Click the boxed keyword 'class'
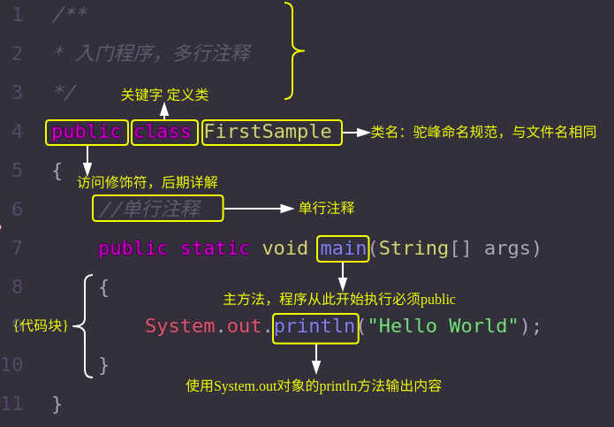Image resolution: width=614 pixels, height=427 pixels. coord(163,132)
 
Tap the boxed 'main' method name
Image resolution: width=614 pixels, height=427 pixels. coord(343,248)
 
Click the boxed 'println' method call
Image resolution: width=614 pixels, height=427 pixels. coord(315,326)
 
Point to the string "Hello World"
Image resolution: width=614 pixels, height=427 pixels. coord(443,326)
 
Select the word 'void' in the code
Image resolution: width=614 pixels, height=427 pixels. coord(284,248)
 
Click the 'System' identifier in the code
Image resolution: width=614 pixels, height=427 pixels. coord(179,326)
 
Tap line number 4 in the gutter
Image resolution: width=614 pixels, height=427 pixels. coord(17,132)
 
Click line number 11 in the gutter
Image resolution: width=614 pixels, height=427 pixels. coord(12,404)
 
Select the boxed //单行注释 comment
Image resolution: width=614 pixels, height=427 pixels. coord(157,209)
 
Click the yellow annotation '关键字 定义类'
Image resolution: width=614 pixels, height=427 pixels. coord(164,95)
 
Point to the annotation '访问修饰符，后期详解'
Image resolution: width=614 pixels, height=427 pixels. coord(148,182)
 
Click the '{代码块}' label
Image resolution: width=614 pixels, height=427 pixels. coord(41,325)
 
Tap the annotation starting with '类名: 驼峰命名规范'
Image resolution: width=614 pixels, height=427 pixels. coord(483,133)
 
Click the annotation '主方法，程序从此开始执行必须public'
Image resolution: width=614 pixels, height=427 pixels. coord(339,300)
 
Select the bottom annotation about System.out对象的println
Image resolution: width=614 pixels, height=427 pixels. coord(314,386)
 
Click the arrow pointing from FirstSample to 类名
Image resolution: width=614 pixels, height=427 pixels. coord(356,133)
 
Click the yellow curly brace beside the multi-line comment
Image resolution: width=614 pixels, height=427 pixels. coord(293,51)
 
